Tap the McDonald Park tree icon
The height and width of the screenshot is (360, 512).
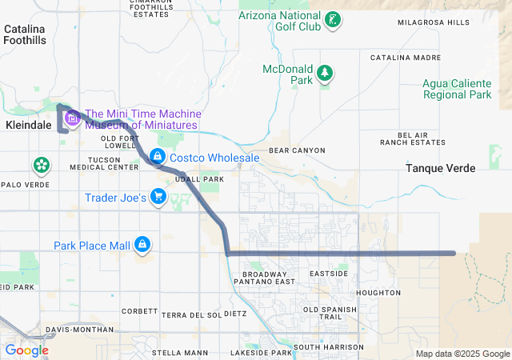point(325,74)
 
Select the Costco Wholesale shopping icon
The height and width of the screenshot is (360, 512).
point(158,158)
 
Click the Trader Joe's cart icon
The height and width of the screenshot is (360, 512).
point(159,197)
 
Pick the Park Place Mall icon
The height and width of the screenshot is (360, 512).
point(142,245)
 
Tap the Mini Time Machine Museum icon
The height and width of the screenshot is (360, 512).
point(72,119)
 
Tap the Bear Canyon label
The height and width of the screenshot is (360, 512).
point(297,150)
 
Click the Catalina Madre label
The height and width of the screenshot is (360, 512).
point(405,58)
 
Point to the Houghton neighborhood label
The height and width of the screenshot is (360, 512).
point(377,293)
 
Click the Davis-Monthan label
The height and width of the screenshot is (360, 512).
point(75,329)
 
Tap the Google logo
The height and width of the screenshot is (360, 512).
point(26,350)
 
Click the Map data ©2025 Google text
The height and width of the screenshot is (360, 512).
point(462,354)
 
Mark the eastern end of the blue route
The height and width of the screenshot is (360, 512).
point(454,254)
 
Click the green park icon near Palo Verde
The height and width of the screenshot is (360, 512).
point(41,166)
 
